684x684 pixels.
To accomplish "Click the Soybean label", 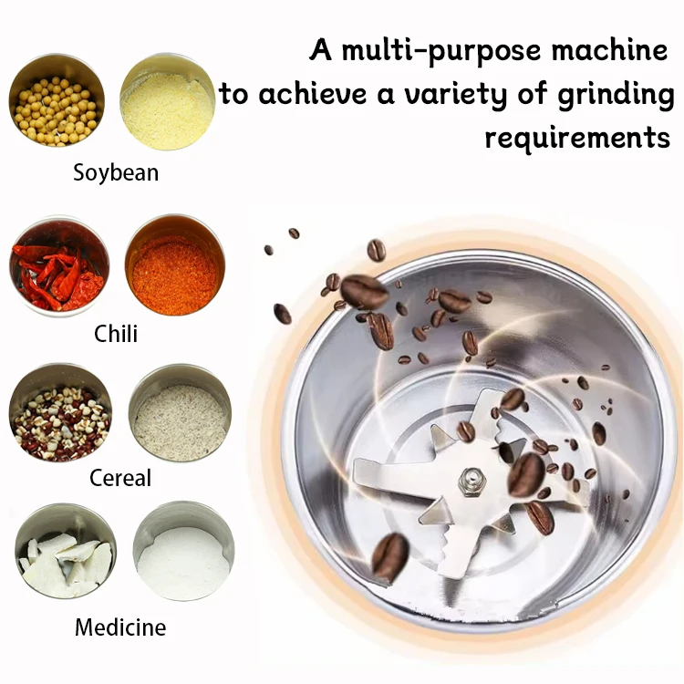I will coord(116,172).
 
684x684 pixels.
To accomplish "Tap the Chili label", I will coord(116,333).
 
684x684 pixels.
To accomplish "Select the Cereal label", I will coord(120,478).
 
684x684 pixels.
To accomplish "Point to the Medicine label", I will coord(120,627).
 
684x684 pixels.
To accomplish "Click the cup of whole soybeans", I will coord(57,100).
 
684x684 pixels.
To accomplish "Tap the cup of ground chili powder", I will coord(173,265).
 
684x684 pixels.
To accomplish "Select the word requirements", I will coord(577,138).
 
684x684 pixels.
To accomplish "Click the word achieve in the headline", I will coord(309,94).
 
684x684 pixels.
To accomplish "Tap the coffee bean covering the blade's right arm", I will coord(526,475).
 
